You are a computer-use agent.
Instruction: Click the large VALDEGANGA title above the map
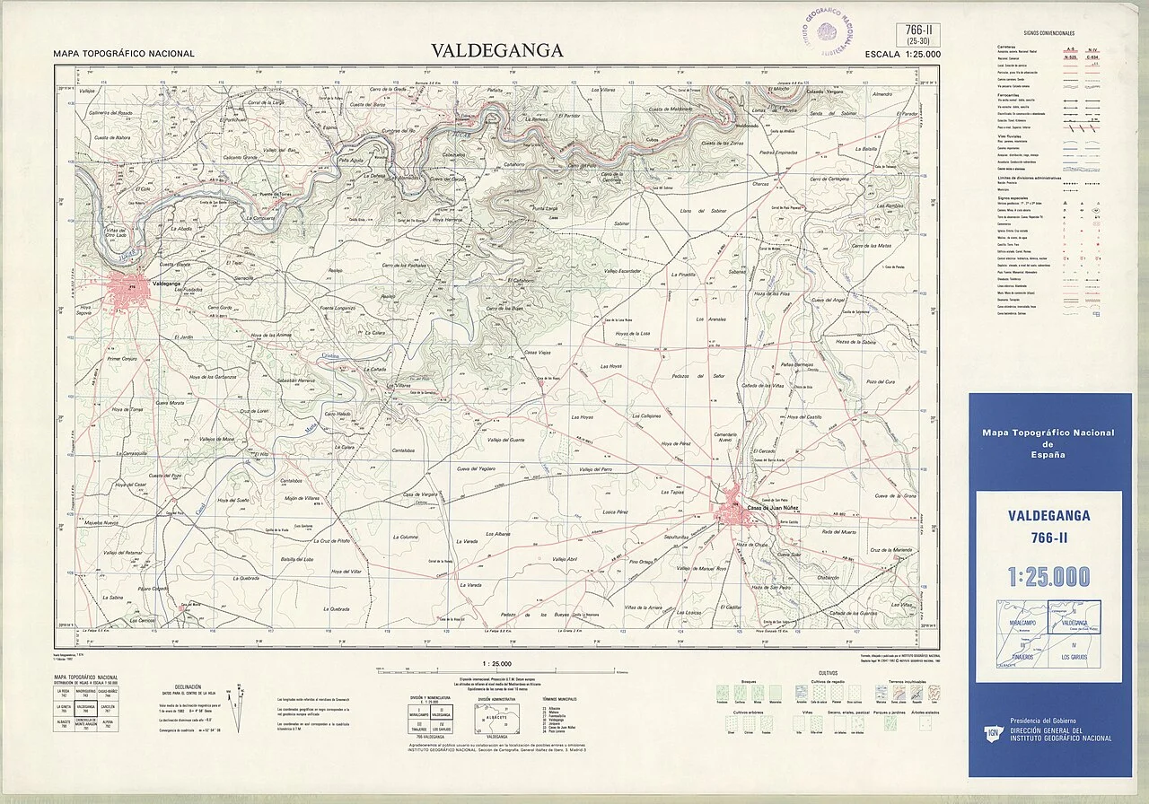(x=497, y=50)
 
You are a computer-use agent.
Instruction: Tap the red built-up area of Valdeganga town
(x=126, y=289)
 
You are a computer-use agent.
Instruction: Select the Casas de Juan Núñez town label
(x=779, y=508)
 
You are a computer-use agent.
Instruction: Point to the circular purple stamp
(x=827, y=31)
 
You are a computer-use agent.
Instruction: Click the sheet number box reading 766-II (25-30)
(x=917, y=34)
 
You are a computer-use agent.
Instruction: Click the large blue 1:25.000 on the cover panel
(x=1048, y=576)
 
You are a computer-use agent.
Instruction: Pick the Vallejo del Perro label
(x=595, y=469)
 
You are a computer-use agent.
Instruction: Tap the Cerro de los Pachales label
(x=403, y=266)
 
